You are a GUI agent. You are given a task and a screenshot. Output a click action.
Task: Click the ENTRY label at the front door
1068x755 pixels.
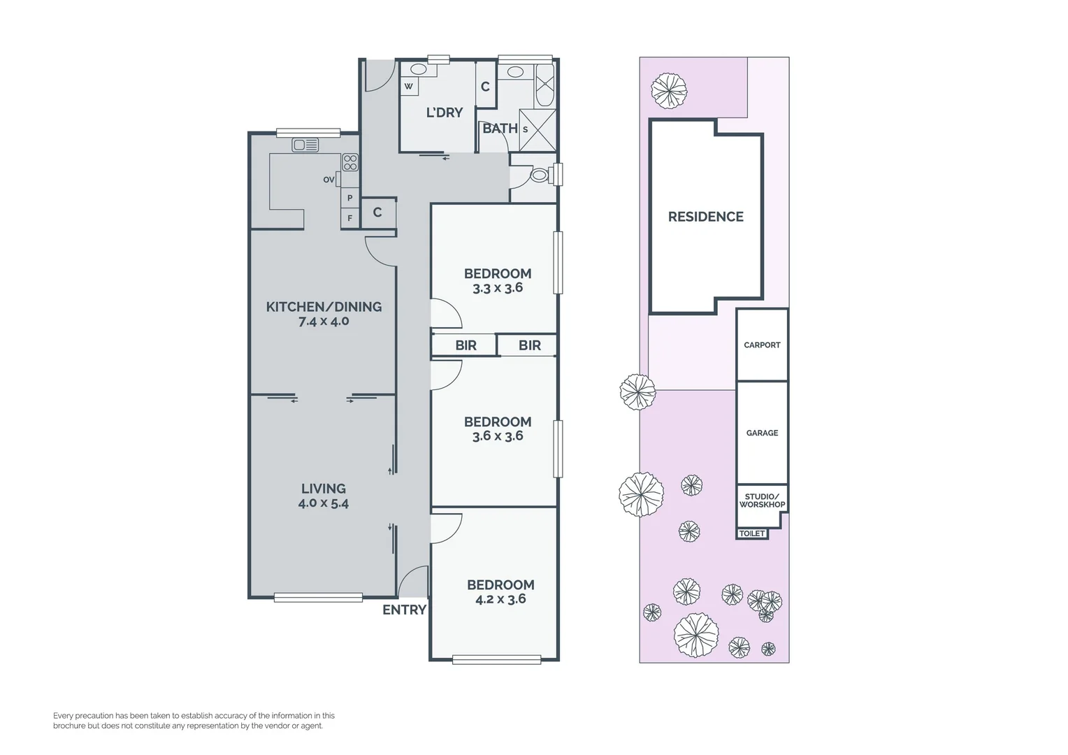tap(404, 610)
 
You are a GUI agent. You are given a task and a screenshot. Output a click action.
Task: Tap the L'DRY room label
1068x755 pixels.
tap(445, 113)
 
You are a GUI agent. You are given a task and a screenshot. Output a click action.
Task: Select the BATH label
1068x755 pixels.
tap(500, 129)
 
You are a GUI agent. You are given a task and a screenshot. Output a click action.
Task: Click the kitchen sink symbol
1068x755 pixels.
tap(305, 145)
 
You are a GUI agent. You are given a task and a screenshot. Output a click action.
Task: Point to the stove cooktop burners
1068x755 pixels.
tap(349, 163)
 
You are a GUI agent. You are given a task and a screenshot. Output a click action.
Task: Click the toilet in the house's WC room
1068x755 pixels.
tap(539, 175)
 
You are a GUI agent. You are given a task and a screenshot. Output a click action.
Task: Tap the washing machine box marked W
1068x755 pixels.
tap(409, 87)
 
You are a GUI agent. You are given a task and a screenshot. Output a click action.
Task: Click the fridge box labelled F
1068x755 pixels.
tap(350, 218)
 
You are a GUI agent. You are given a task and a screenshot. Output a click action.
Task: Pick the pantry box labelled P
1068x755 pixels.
tap(350, 199)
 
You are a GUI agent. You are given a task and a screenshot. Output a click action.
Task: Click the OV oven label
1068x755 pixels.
tap(329, 180)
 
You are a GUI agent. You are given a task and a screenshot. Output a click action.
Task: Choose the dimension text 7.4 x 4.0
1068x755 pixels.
tap(324, 322)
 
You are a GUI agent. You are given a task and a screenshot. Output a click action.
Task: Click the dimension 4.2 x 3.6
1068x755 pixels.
tap(500, 599)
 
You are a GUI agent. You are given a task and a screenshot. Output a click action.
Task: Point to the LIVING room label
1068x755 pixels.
tap(324, 489)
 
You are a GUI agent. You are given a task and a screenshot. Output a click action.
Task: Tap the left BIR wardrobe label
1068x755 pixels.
tap(466, 345)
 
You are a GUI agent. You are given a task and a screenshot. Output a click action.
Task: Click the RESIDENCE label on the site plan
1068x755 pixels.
tap(705, 217)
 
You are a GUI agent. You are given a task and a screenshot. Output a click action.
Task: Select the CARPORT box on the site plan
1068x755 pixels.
tap(762, 345)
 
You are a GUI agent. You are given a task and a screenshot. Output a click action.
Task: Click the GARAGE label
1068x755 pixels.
tap(762, 433)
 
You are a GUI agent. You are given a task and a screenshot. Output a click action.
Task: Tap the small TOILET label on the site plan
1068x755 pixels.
tap(752, 533)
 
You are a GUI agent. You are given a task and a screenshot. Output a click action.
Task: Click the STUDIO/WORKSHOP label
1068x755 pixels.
tap(762, 501)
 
